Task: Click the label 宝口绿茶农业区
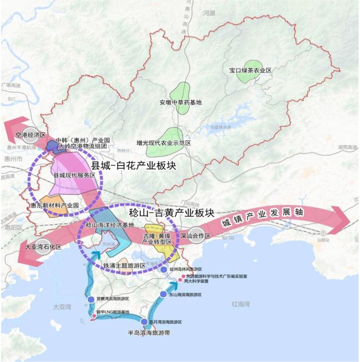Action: click(250, 71)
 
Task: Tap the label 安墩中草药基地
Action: click(180, 102)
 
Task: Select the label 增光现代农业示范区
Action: click(164, 143)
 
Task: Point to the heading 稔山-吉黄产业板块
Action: click(170, 211)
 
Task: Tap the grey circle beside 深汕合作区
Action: click(195, 237)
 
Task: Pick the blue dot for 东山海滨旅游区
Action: click(164, 294)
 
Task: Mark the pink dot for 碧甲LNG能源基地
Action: click(94, 317)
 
